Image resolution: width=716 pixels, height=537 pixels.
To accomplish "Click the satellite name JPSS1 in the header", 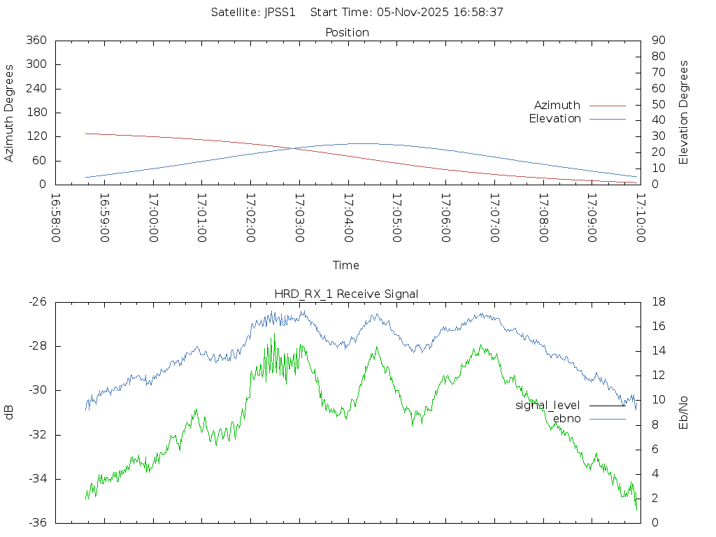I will click(x=280, y=12).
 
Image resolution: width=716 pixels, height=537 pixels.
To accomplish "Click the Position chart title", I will click(x=348, y=32).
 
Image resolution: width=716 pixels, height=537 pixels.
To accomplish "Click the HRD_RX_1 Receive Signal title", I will click(x=348, y=294).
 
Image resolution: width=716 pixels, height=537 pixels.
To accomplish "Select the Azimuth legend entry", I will click(x=557, y=105).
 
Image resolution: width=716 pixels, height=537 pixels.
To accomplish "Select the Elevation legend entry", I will click(x=554, y=118).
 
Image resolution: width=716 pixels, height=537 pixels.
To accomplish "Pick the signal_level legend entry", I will click(x=547, y=406).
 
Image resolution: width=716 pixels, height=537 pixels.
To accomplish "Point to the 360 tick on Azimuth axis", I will click(x=36, y=41).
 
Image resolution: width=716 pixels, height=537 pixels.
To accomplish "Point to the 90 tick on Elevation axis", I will click(x=657, y=41).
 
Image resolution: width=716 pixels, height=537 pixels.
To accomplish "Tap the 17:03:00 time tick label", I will click(x=299, y=217).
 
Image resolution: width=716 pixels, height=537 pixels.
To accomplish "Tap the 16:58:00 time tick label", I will click(x=56, y=217).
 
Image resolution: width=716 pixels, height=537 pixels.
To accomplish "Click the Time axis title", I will click(x=346, y=265).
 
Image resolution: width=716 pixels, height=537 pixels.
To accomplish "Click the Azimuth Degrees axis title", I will click(x=10, y=113).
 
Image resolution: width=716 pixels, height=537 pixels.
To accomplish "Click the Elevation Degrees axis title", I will click(x=684, y=113).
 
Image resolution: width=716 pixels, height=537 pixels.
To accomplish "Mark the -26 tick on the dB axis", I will click(x=36, y=302).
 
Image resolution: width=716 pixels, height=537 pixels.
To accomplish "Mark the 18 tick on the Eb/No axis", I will click(x=657, y=302).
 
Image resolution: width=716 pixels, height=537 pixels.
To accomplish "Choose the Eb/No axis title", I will click(x=684, y=413).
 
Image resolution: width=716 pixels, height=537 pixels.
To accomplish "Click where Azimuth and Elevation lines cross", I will click(x=294, y=148).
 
